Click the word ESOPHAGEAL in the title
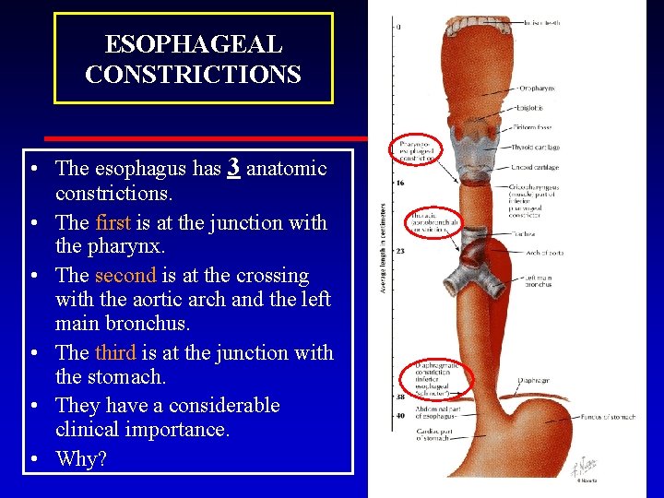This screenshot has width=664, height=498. click(193, 44)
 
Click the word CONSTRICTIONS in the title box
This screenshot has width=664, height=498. click(193, 74)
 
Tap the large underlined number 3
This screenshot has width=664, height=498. click(234, 167)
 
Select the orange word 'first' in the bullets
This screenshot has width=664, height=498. click(113, 222)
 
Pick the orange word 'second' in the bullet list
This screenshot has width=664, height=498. click(126, 276)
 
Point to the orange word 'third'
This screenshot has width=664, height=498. click(115, 352)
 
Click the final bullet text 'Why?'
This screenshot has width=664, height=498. click(81, 458)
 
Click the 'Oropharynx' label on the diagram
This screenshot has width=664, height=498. click(537, 89)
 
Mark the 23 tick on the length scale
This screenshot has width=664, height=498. click(399, 251)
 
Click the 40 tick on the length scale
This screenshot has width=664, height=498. click(399, 416)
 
